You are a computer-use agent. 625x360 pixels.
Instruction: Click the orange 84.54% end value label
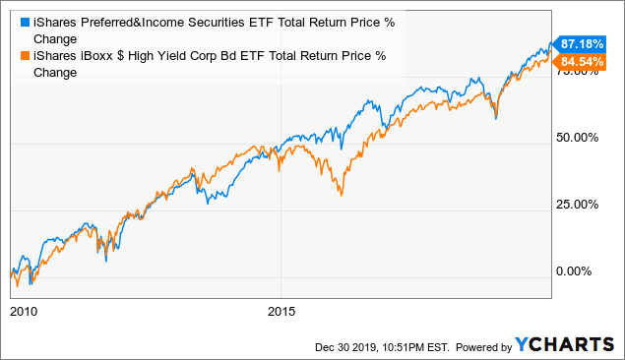581,63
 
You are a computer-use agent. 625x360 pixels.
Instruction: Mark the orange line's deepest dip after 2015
341,195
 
